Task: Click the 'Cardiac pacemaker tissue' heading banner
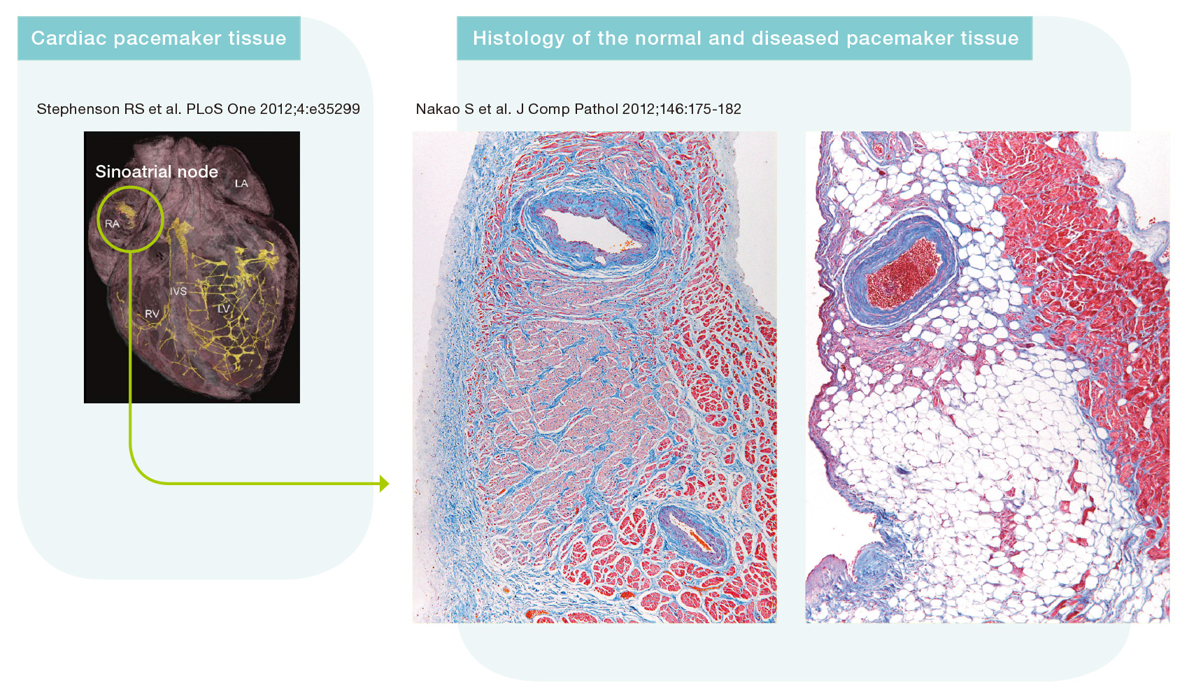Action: (159, 38)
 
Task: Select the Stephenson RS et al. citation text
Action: (198, 109)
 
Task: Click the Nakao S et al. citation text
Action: (578, 109)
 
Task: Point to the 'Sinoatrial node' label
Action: (157, 171)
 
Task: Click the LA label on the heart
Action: (241, 184)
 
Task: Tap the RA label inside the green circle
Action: (112, 224)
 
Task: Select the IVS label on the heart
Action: (178, 291)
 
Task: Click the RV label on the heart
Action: (152, 314)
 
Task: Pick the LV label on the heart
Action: (224, 309)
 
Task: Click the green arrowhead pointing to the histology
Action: (384, 483)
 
